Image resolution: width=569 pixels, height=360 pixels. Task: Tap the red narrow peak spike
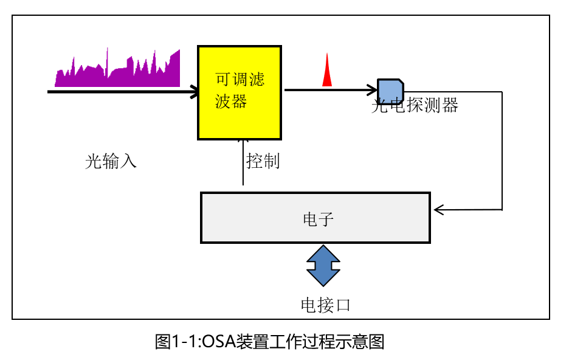[327, 72]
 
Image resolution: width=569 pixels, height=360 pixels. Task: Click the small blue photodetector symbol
[390, 89]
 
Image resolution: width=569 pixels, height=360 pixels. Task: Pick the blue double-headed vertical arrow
[323, 266]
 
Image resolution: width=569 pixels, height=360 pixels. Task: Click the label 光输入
[111, 162]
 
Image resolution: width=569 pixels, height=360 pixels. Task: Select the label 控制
[263, 161]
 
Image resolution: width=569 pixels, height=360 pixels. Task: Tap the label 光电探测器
[415, 106]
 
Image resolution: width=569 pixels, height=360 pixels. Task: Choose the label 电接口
[326, 305]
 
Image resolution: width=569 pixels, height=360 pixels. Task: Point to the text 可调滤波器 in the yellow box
[240, 91]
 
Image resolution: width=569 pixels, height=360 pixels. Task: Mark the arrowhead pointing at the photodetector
[372, 90]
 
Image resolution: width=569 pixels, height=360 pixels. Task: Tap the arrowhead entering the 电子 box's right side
[439, 210]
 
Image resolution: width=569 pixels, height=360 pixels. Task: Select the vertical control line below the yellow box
[243, 164]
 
